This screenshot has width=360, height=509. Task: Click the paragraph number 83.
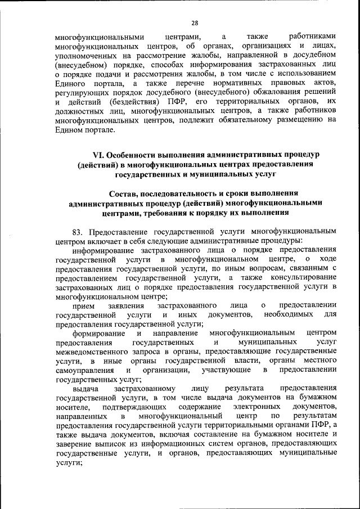(78, 231)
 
